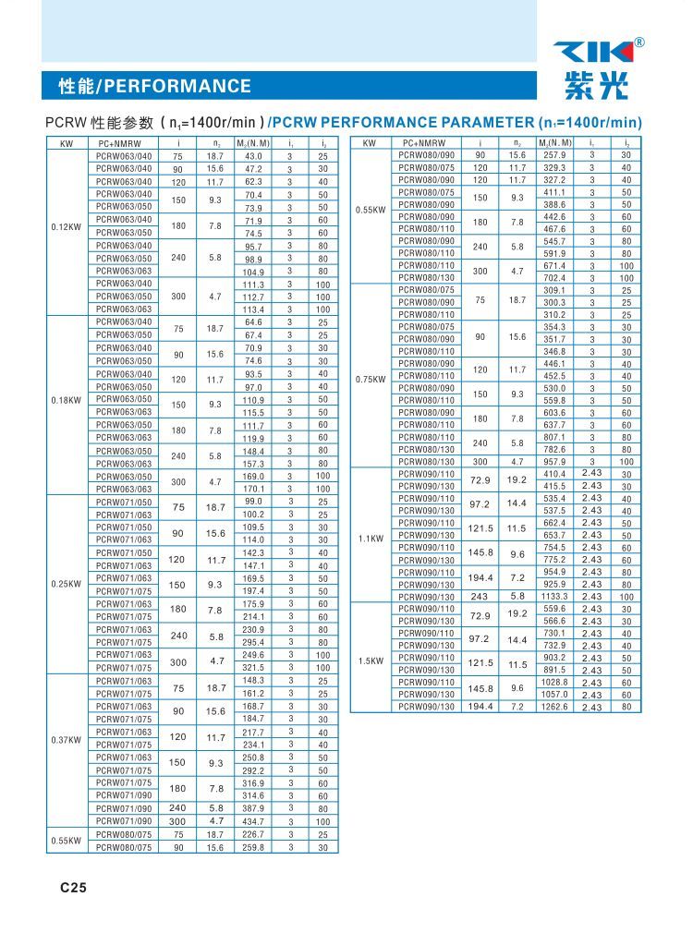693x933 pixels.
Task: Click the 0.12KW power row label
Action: [x=66, y=226]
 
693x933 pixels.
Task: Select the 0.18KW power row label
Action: [x=66, y=400]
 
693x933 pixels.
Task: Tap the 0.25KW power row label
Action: [x=66, y=584]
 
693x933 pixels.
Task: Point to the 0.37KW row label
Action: [x=66, y=740]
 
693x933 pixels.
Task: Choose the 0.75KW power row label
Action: [x=370, y=379]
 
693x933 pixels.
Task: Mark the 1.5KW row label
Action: [x=370, y=660]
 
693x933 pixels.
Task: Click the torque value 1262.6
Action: [x=553, y=707]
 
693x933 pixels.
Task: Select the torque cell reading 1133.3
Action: [x=553, y=597]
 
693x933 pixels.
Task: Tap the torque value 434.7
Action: [x=253, y=821]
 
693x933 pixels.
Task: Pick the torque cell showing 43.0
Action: [x=253, y=156]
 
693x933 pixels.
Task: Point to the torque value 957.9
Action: [x=554, y=461]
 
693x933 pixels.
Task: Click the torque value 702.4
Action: [x=554, y=277]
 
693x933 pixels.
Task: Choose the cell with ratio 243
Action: [x=480, y=597]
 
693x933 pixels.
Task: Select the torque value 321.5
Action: [x=253, y=667]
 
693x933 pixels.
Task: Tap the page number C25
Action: [x=73, y=888]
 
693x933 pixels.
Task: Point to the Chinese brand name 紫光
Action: [x=595, y=86]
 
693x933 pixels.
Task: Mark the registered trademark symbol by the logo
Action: [x=639, y=42]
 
